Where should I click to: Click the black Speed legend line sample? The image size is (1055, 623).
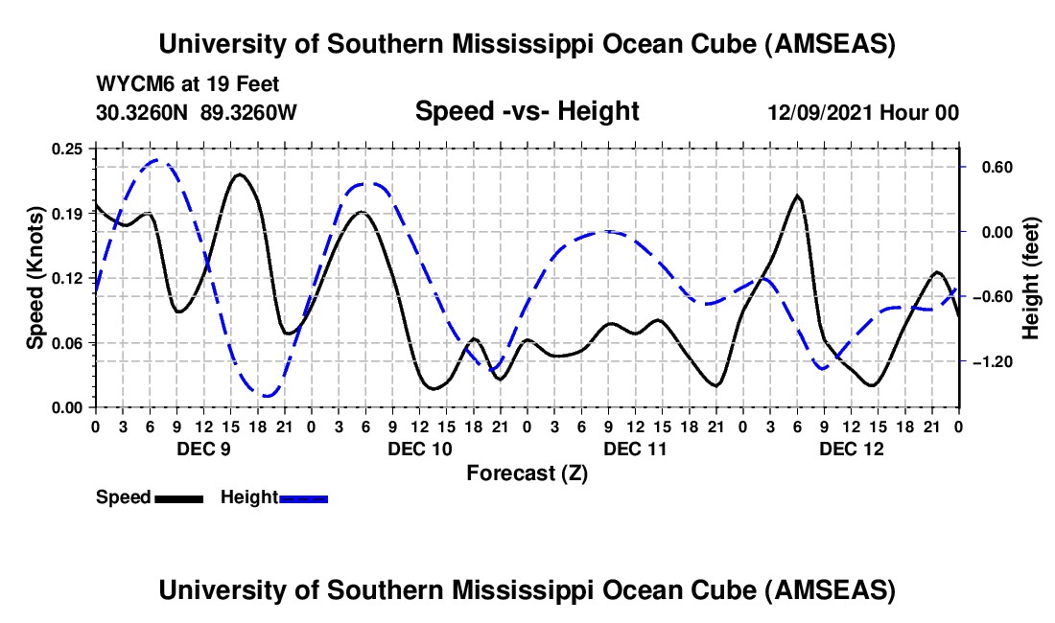pos(178,498)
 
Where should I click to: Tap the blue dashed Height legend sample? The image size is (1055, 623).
pos(303,498)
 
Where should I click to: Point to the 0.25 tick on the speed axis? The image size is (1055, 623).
pos(69,149)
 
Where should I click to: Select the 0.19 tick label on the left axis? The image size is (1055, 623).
pos(69,214)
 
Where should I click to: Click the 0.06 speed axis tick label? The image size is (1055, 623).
pos(69,343)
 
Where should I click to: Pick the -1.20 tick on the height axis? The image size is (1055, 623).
pos(991,361)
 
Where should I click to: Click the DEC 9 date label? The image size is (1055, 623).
pos(202,449)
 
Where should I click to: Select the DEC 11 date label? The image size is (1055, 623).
pos(634,449)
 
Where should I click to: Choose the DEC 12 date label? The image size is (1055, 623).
pos(850,449)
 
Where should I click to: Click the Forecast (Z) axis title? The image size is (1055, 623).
pos(527,473)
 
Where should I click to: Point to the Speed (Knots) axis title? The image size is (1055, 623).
pos(35,278)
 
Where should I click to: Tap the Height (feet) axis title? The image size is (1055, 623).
pos(1031,278)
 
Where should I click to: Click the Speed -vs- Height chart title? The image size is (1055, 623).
pos(527,111)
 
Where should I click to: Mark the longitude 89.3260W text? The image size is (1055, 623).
pos(248,112)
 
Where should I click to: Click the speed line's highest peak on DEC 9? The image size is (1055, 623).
pos(239,174)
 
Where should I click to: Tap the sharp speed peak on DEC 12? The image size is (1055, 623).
pos(797,196)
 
